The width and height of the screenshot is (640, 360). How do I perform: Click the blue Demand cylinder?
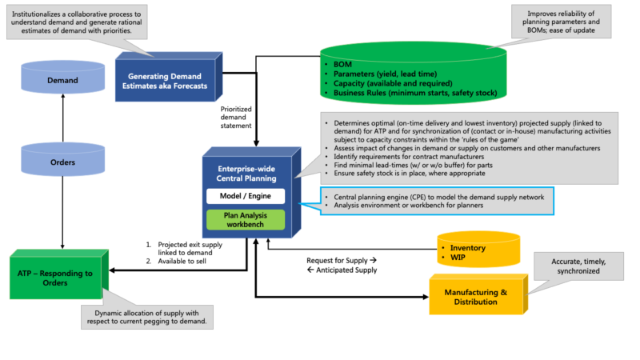click(62, 80)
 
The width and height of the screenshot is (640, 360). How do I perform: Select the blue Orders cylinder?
click(62, 162)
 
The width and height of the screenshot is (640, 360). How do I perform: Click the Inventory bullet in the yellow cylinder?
click(468, 248)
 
